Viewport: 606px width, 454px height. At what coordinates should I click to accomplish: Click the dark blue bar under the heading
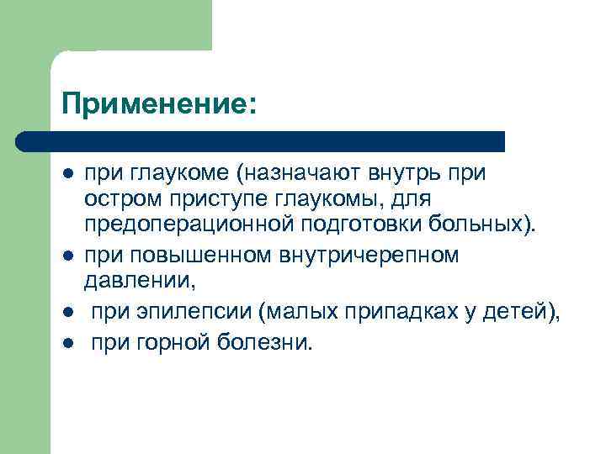pos(261,141)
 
